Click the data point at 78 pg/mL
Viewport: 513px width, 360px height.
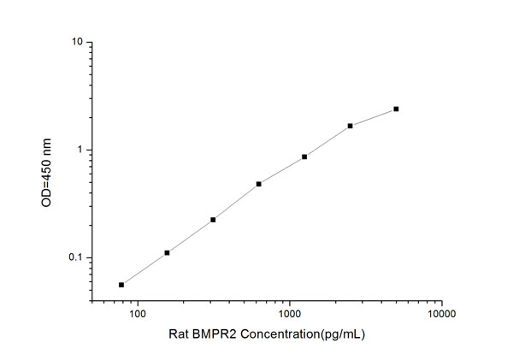pos(121,285)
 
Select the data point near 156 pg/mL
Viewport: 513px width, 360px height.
pos(167,252)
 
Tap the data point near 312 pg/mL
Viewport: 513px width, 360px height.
pos(213,220)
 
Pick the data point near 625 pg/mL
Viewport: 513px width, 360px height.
pos(258,184)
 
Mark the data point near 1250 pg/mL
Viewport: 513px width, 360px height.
pos(304,156)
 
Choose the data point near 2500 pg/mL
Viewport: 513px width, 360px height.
pos(351,126)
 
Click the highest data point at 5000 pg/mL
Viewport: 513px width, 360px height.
pos(396,109)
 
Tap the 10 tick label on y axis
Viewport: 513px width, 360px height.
pos(76,42)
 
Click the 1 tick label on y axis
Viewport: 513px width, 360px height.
pos(79,150)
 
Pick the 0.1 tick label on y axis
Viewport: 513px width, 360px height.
pos(74,258)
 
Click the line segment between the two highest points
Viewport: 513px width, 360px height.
pos(374,117)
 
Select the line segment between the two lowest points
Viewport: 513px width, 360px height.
pos(144,269)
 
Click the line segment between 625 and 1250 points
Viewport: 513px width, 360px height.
pos(281,170)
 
